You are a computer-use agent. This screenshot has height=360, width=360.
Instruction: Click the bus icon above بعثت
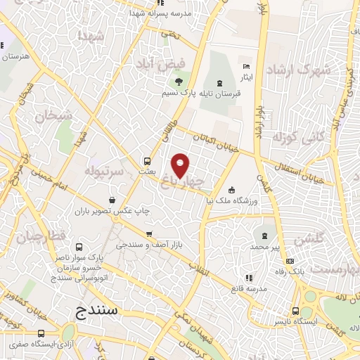tap(146, 160)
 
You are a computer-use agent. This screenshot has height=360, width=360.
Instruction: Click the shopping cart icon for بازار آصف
tap(148, 234)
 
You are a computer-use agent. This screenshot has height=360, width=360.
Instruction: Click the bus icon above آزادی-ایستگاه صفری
tap(41, 333)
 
